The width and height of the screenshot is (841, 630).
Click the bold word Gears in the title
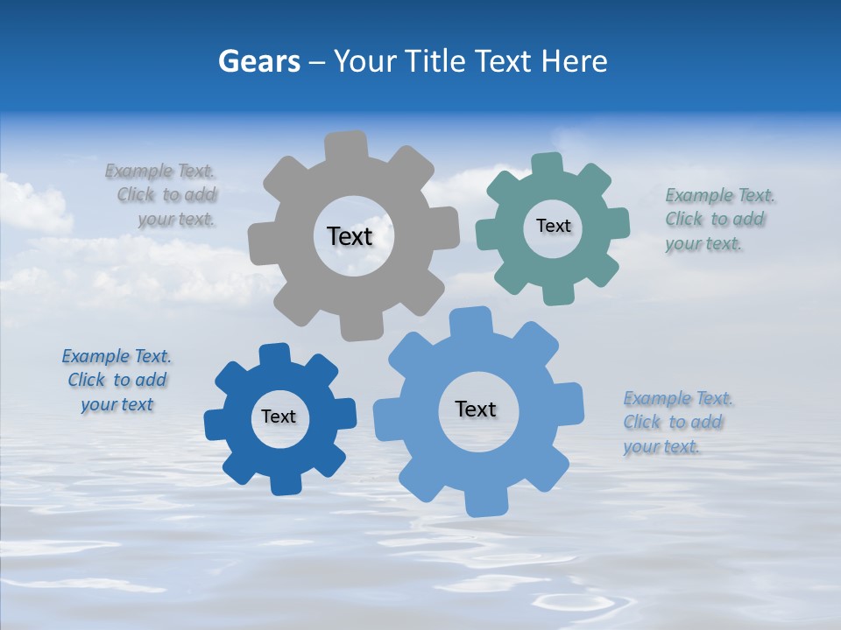pos(259,61)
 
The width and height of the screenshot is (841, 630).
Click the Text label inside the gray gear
pos(350,236)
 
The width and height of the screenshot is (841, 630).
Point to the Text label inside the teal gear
pos(553,226)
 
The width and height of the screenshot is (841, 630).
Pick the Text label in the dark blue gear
pos(279,416)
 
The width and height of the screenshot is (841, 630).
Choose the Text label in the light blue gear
pos(476,409)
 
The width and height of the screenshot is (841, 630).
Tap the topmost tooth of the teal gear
pos(547,165)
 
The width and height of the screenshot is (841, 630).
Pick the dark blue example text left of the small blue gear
pos(117,380)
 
